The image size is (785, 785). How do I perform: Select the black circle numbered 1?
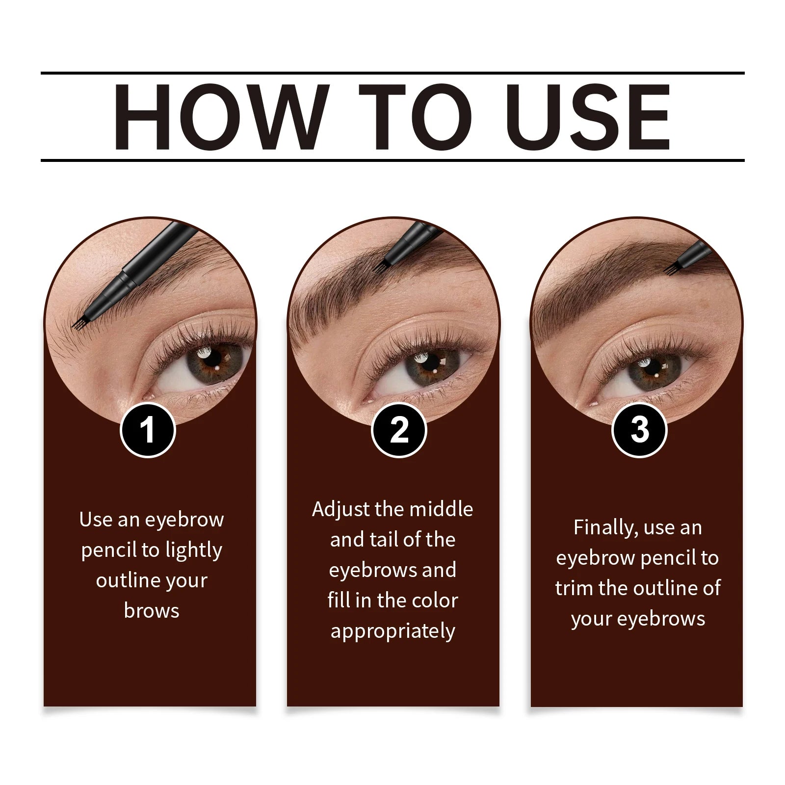(x=148, y=430)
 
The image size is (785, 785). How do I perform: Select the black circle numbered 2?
(x=399, y=430)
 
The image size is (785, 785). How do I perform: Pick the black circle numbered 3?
(x=639, y=430)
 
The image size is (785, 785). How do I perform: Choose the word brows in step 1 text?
(x=152, y=611)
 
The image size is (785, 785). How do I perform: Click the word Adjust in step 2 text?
(x=340, y=509)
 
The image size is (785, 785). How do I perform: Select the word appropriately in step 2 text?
(x=392, y=631)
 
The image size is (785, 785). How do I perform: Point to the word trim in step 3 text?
(x=574, y=588)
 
